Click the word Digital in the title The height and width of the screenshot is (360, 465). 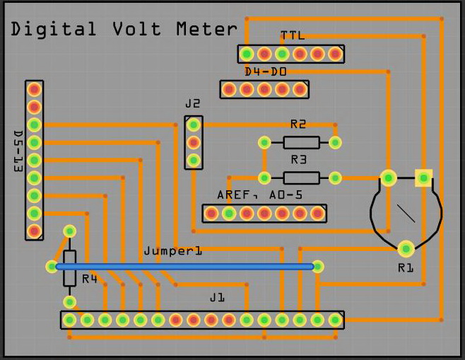54,29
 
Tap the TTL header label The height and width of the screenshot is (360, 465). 292,35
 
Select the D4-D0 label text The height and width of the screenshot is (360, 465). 265,71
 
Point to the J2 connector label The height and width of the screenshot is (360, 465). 193,103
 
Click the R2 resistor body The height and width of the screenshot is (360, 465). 300,142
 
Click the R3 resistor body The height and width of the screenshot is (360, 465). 300,178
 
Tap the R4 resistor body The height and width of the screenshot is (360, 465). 69,267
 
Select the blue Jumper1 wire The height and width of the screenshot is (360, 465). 184,267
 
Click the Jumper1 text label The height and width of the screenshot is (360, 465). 172,251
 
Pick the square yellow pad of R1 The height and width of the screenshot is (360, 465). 423,177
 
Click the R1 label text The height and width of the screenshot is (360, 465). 405,267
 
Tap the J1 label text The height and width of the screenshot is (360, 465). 216,298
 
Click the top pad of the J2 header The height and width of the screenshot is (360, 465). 193,125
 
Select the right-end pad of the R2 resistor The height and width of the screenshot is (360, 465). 335,142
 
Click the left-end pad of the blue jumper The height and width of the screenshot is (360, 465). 52,267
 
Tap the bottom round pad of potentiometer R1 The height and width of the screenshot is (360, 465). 406,249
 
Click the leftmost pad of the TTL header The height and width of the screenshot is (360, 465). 247,54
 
